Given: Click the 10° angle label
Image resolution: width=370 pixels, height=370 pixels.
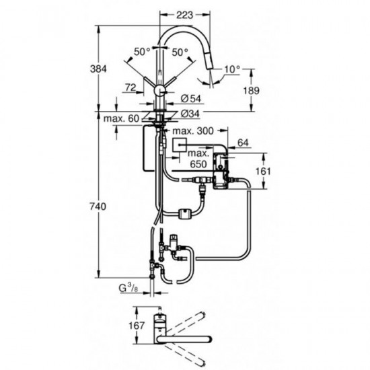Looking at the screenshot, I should tap(232, 69).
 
